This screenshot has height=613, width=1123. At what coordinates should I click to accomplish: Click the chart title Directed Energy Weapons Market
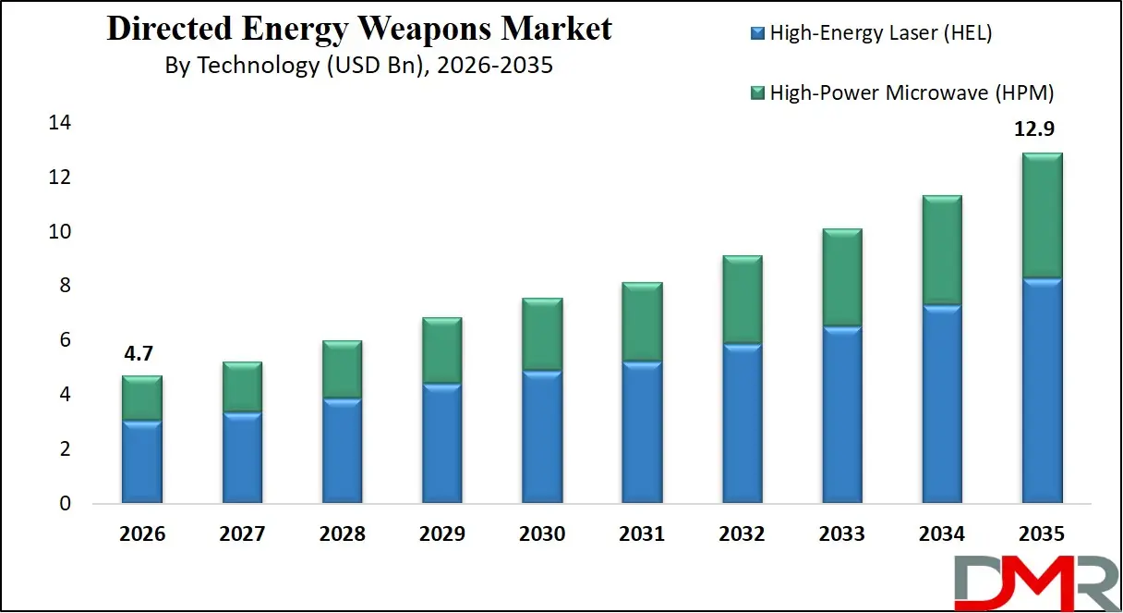coord(359,29)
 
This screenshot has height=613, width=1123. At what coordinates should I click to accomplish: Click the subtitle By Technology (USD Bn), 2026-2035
coord(358,66)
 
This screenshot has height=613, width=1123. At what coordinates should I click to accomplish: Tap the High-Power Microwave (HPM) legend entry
coord(900,92)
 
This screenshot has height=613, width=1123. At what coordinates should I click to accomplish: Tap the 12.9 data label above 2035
coord(1041,131)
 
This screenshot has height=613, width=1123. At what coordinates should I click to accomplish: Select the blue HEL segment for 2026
coord(141,461)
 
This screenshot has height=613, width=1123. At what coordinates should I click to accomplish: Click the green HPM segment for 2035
coord(1041,215)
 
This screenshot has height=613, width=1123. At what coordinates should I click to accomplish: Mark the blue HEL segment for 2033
coord(840,414)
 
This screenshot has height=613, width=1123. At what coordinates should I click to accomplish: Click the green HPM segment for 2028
coord(341,370)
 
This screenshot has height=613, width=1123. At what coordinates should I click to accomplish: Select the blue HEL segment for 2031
coord(641,432)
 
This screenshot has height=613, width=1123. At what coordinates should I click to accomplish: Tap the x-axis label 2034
coord(941,533)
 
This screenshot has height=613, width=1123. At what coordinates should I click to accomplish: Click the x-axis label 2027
coord(242,533)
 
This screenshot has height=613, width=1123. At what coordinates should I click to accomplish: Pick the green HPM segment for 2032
coord(741,300)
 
